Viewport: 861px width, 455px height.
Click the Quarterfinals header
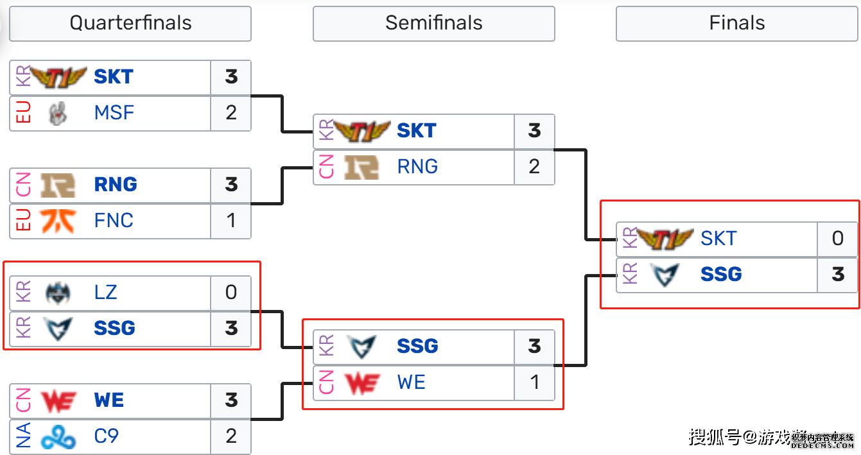point(130,24)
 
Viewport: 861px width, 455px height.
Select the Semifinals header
point(433,24)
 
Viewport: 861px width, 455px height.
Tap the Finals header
point(736,24)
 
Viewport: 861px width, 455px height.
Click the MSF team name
point(114,113)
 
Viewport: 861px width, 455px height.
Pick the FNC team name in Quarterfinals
point(114,221)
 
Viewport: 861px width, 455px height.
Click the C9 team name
point(106,436)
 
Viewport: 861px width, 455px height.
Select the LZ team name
point(105,293)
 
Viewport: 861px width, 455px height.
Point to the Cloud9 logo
point(58,437)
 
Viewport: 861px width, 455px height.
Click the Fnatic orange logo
point(58,221)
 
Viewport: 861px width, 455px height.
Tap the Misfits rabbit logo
point(58,114)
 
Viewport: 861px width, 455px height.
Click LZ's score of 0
point(231,293)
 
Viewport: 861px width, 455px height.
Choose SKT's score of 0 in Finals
point(837,239)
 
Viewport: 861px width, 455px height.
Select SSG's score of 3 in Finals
point(837,275)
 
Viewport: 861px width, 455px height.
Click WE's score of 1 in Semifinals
point(534,382)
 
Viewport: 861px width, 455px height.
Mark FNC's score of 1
point(231,221)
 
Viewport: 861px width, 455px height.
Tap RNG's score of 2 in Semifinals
point(534,167)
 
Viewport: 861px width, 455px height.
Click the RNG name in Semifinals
point(417,167)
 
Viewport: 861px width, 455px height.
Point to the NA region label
point(23,436)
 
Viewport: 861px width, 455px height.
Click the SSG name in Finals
point(720,275)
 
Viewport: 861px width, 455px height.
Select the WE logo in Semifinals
point(362,383)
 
